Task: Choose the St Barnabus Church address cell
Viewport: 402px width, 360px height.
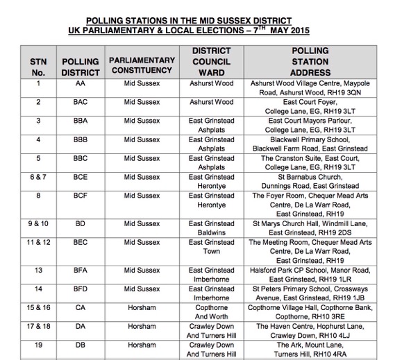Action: point(310,182)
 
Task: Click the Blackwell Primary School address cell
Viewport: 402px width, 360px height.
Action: point(310,144)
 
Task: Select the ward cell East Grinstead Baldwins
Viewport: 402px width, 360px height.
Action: point(211,228)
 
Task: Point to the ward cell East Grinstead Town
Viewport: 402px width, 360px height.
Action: point(211,247)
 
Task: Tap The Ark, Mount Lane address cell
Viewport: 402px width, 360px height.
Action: point(310,349)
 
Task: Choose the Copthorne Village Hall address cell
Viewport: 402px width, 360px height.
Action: point(310,311)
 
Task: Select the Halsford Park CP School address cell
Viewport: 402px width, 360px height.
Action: point(310,274)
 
